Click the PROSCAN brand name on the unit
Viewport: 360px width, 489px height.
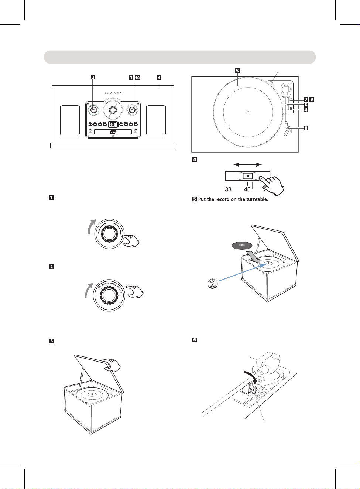click(x=113, y=93)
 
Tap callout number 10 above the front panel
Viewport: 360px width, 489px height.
click(x=137, y=78)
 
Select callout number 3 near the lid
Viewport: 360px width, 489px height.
click(x=159, y=78)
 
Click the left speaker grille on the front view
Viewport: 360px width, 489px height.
click(x=70, y=120)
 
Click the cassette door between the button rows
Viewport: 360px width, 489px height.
click(x=113, y=124)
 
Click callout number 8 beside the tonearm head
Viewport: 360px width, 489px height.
click(x=306, y=128)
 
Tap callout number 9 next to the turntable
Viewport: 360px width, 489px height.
click(x=312, y=99)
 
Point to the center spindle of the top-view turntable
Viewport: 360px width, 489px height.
click(x=248, y=112)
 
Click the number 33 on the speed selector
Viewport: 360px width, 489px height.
click(x=228, y=189)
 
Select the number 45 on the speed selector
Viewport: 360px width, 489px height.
click(x=247, y=189)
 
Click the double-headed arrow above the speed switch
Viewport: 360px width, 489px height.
click(x=248, y=164)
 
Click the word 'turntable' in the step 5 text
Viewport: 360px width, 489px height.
click(x=257, y=199)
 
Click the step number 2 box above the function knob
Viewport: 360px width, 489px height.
click(x=52, y=267)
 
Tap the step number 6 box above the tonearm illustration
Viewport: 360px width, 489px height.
click(x=195, y=340)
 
